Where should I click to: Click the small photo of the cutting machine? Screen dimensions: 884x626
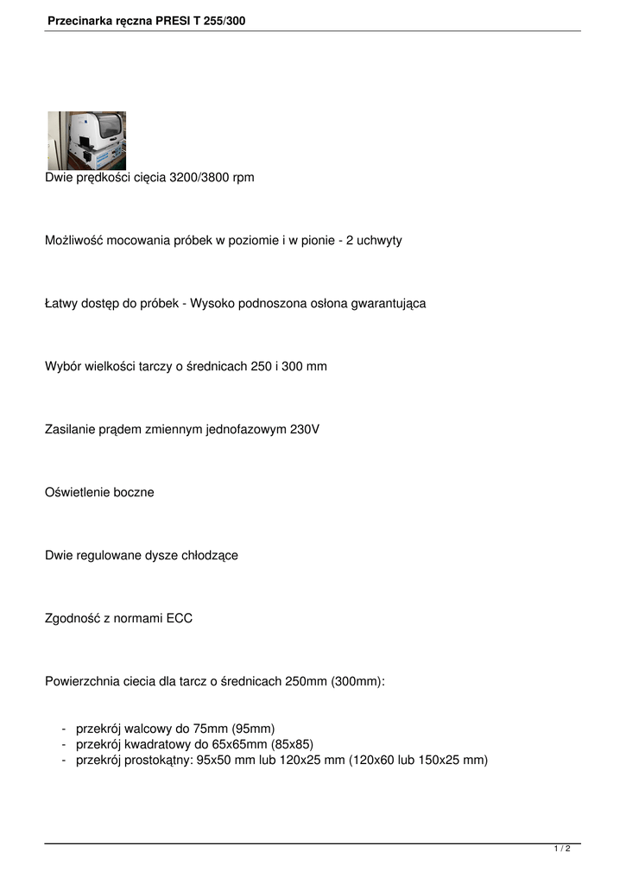(86, 140)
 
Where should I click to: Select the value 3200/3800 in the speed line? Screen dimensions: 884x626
(199, 177)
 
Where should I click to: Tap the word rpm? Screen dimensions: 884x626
(243, 177)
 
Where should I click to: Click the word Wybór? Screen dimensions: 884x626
(61, 366)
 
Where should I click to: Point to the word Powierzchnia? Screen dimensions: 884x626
(83, 681)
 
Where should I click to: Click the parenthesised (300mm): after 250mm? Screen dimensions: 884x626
(357, 681)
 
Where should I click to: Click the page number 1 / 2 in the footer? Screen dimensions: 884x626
(562, 849)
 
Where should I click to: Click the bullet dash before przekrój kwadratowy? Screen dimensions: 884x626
(65, 743)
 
